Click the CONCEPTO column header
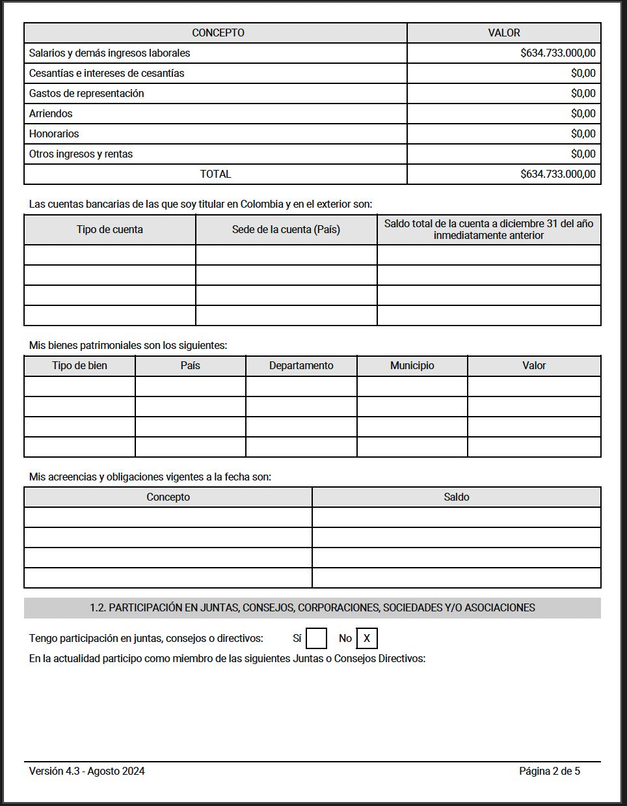218,33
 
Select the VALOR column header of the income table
503,33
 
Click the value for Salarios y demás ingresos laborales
557,53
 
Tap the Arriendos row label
51,114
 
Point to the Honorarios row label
54,134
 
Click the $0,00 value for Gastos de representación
583,94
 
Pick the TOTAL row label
215,174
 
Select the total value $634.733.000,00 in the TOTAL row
557,174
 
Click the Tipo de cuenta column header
109,230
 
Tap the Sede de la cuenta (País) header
286,230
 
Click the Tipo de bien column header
79,366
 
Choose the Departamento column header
301,366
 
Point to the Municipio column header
412,366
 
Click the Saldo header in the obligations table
456,497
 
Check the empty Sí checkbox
316,639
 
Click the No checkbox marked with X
367,639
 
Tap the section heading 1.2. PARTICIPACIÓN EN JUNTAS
312,608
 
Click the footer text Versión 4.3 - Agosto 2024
87,771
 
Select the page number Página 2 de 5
549,771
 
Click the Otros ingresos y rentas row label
81,154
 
